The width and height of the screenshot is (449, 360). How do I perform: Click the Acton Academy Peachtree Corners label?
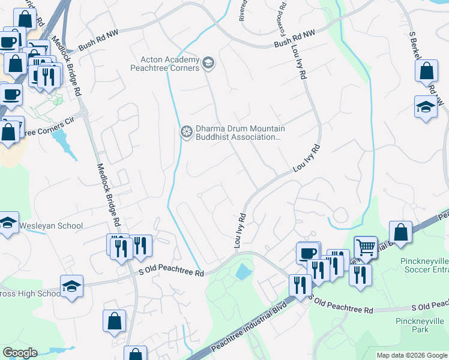point(170,64)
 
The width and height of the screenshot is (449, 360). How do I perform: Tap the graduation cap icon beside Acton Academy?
point(209,63)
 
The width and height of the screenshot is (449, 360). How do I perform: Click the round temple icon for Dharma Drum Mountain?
point(187,132)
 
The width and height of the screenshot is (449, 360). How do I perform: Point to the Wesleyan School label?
point(51,226)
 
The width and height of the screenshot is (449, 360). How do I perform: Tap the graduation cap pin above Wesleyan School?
point(7,223)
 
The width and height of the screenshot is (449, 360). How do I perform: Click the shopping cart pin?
point(365,246)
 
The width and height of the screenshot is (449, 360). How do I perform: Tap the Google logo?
point(20,353)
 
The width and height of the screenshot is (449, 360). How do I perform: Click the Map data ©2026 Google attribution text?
point(411,355)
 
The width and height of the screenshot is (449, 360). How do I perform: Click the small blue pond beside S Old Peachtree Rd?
point(243,272)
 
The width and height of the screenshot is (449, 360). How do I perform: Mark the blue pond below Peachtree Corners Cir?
point(61,142)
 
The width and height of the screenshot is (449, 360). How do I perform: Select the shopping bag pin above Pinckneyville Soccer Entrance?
point(400,233)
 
